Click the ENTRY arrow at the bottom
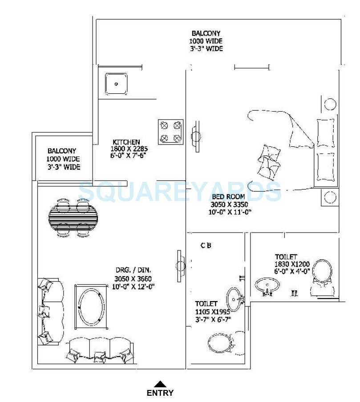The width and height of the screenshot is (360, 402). click(x=161, y=383)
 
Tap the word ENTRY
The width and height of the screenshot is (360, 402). click(x=160, y=393)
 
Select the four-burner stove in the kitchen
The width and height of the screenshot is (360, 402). click(x=170, y=132)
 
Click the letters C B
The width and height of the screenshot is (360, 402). click(x=206, y=245)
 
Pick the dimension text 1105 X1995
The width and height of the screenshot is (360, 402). click(x=213, y=312)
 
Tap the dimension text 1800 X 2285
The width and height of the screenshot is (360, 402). click(x=129, y=149)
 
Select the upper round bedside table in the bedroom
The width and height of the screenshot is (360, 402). click(x=330, y=105)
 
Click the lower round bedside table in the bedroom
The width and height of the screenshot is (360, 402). click(x=330, y=197)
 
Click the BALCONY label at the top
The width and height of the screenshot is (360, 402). click(x=206, y=33)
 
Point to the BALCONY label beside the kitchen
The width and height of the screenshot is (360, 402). click(x=62, y=151)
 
